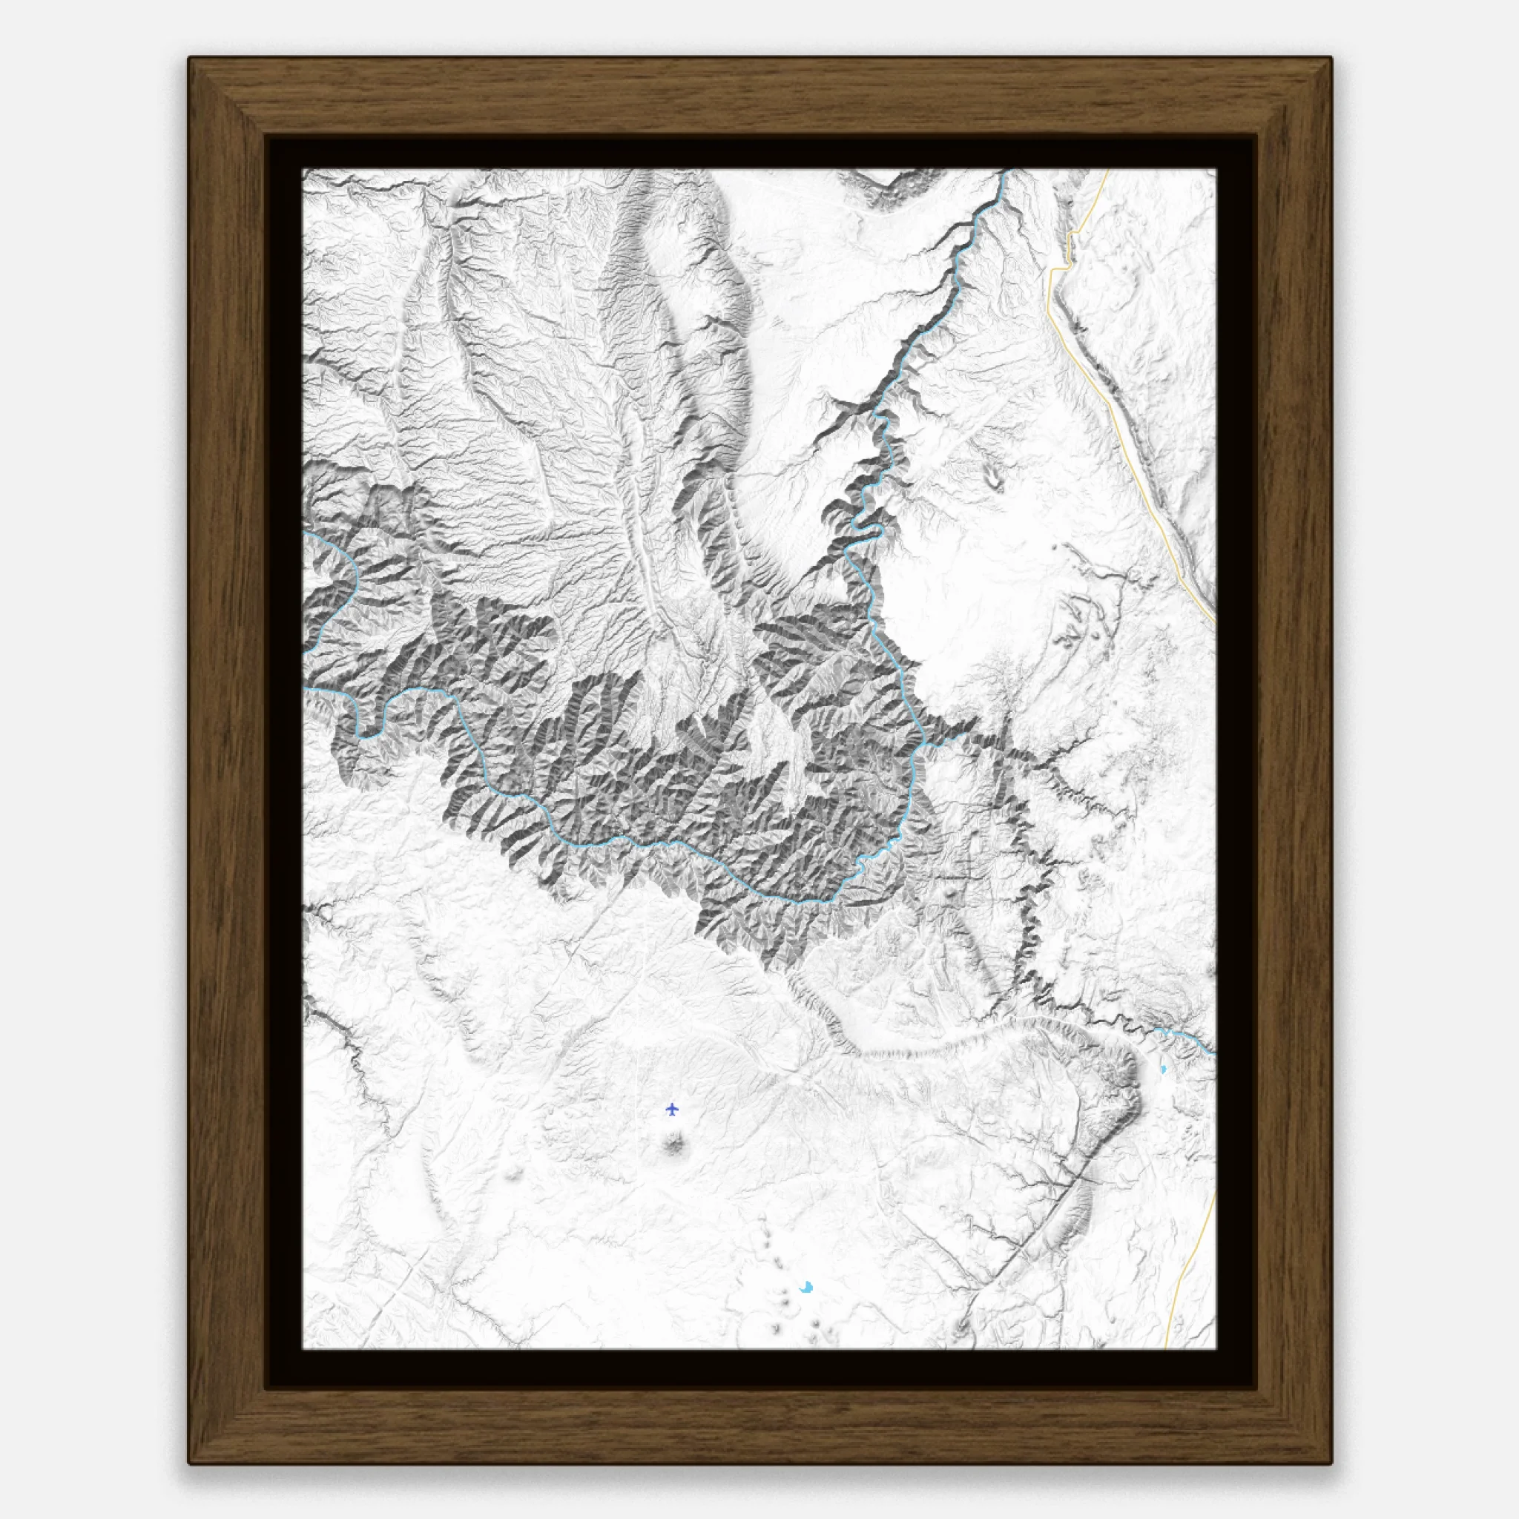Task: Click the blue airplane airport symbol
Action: point(671,1110)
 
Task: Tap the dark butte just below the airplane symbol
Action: point(673,1144)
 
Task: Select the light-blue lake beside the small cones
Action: point(806,1288)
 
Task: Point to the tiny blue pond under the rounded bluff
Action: point(1163,1070)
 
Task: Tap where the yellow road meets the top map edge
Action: point(1108,171)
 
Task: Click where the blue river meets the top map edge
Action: point(1006,171)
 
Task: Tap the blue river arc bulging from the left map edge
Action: point(350,581)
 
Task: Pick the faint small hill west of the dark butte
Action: point(515,1174)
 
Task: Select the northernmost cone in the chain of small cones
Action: point(762,1218)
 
